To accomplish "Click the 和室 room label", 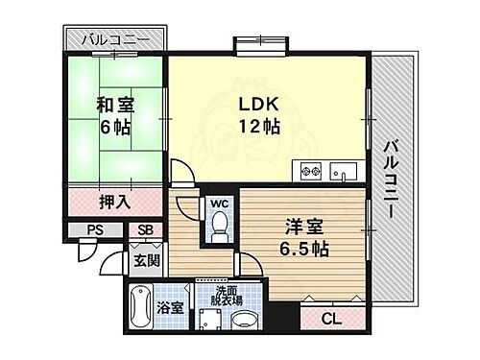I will pos(113,106).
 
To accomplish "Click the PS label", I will pos(95,230).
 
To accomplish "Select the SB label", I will pos(145,230).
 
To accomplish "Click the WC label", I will pos(218,204).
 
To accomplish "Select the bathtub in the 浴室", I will pos(139,308).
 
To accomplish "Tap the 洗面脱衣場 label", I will pos(226,295).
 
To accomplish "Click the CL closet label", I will pos(330,320).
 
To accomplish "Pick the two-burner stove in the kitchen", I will pos(311,172).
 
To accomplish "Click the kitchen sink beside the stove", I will pos(342,173).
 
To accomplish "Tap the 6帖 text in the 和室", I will pos(113,127).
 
